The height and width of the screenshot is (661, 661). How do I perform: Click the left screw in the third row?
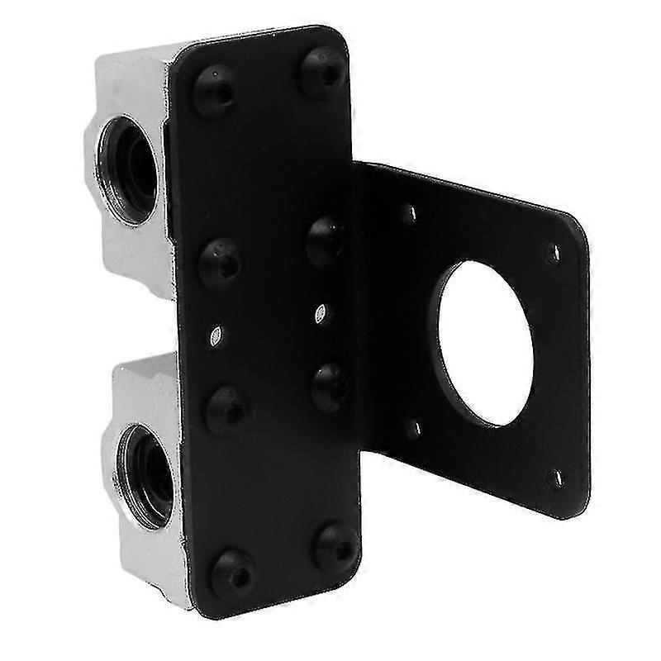227,407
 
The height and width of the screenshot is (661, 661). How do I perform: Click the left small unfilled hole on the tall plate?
216,335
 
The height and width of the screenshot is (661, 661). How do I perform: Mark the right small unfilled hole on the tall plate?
321,313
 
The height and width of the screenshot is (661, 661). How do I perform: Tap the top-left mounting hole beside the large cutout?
408,214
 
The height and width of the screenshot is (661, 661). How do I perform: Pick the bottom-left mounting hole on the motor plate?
415,427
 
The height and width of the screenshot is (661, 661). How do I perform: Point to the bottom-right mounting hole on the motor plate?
556,477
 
